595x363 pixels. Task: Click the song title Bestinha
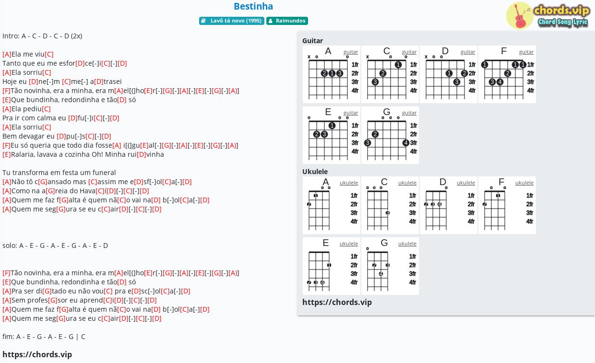tap(253, 6)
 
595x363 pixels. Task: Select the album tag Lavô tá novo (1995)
tap(232, 21)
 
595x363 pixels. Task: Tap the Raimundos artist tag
tap(287, 21)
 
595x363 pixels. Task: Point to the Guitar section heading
tap(312, 41)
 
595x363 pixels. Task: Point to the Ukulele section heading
tap(315, 172)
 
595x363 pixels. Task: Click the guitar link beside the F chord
tap(526, 52)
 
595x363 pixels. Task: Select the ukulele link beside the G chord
tap(407, 244)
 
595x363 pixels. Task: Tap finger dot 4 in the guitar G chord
tap(405, 143)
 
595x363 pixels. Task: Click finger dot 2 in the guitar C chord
tap(383, 73)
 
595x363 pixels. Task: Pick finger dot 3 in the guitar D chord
tap(457, 82)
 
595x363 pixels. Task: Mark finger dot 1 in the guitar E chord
tap(332, 125)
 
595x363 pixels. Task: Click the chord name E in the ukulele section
tap(326, 243)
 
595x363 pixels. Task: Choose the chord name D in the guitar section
tap(445, 51)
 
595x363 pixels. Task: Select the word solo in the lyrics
tap(9, 246)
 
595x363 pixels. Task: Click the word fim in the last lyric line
tap(8, 337)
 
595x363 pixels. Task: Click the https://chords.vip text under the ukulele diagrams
tap(337, 302)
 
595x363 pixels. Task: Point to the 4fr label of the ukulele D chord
tap(471, 222)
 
